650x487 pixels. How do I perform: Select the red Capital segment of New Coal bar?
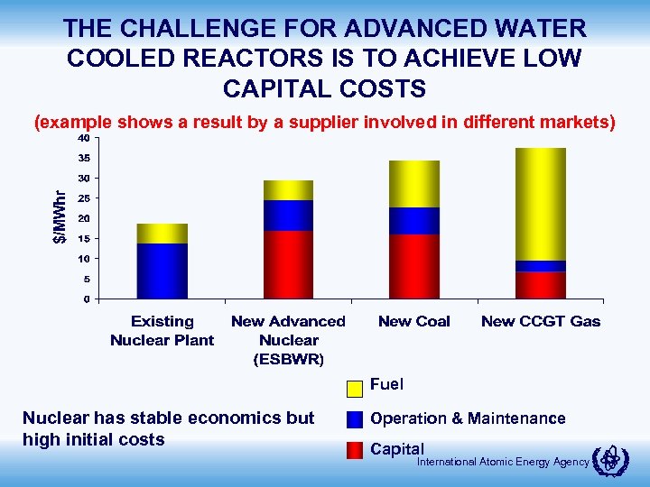point(414,266)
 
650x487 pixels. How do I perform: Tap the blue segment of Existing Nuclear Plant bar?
point(162,271)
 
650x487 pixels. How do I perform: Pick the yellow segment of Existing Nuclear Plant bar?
point(162,234)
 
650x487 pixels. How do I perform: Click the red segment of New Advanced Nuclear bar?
point(288,264)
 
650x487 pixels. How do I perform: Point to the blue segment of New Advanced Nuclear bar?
point(288,216)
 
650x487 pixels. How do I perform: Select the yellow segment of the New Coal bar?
point(414,184)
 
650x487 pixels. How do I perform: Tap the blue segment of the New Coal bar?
point(414,221)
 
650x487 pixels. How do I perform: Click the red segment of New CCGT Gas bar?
point(541,285)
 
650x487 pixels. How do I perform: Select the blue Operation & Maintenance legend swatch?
point(355,419)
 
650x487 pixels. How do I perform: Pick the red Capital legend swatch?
point(355,449)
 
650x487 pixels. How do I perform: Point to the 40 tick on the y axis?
point(82,138)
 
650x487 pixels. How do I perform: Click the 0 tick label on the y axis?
point(85,299)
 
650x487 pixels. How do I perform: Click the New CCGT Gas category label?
point(541,321)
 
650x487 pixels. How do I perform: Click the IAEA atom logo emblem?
point(614,461)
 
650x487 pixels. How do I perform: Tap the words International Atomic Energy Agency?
point(503,463)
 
